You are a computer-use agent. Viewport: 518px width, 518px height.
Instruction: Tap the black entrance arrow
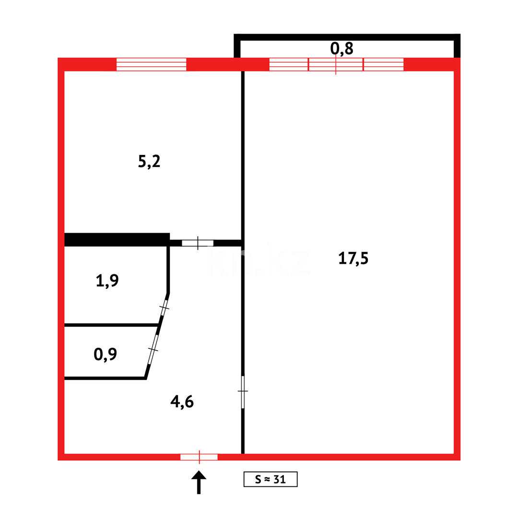tap(199, 481)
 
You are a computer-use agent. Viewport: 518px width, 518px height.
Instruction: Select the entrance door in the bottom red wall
tap(199, 457)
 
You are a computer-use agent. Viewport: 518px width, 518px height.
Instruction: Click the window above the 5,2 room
tap(151, 64)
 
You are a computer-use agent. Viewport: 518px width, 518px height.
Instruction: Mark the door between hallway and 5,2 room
tap(197, 243)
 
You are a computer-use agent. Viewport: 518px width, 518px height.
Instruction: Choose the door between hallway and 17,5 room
tap(243, 391)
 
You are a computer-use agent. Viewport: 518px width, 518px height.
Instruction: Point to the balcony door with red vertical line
tap(336, 64)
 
